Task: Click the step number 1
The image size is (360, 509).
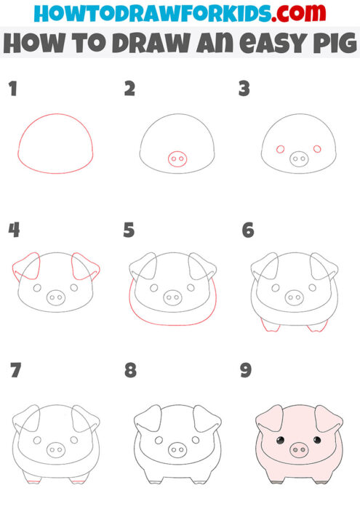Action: tap(12, 89)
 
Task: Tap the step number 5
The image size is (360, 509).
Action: tap(129, 231)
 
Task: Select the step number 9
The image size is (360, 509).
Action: tap(246, 371)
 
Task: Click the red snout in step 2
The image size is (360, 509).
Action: tap(176, 158)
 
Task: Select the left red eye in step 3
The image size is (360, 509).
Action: tap(279, 150)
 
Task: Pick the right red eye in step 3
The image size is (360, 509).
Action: tap(316, 150)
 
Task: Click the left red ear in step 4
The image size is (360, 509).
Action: tap(25, 269)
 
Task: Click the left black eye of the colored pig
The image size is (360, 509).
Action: tap(280, 441)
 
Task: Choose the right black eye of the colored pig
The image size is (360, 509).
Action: tap(316, 441)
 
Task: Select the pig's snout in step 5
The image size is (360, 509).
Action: tap(172, 297)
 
